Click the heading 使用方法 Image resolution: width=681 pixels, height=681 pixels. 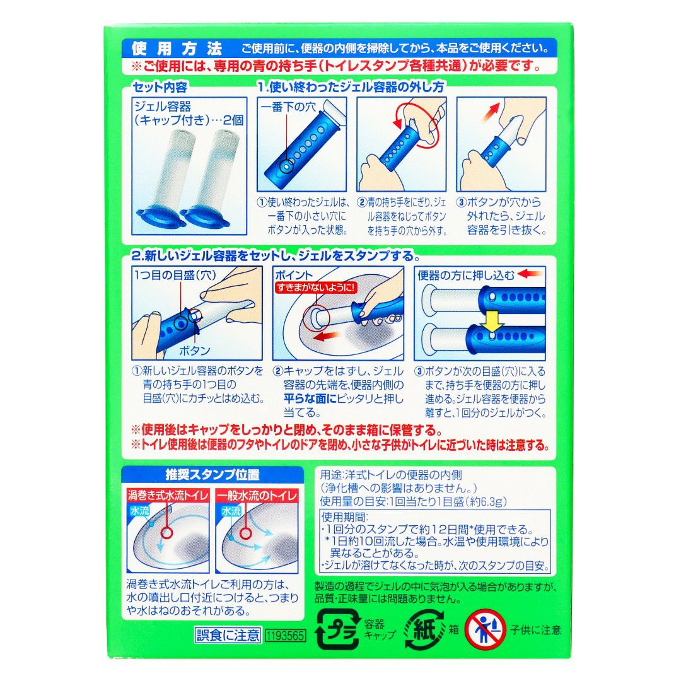pos(177,49)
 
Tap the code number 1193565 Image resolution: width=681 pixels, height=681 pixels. pos(286,636)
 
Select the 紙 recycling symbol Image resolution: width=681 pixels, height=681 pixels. pos(424,630)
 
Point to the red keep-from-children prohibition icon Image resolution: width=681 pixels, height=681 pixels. pos(485,630)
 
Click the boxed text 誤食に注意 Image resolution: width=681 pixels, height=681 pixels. pos(228,636)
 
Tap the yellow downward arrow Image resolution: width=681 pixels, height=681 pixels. pos(492,321)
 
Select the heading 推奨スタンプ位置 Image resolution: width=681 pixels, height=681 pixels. pos(212,474)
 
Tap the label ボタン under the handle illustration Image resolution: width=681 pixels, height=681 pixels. pos(195,351)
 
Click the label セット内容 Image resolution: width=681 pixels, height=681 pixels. pos(160,87)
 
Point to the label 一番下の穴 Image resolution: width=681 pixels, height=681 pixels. pos(289,107)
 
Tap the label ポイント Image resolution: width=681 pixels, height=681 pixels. pos(294,275)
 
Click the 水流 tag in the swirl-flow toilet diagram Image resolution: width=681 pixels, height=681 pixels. pos(140,511)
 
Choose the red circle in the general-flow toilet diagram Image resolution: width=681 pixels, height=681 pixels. pos(246,533)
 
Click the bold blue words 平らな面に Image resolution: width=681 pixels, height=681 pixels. pos(310,399)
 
